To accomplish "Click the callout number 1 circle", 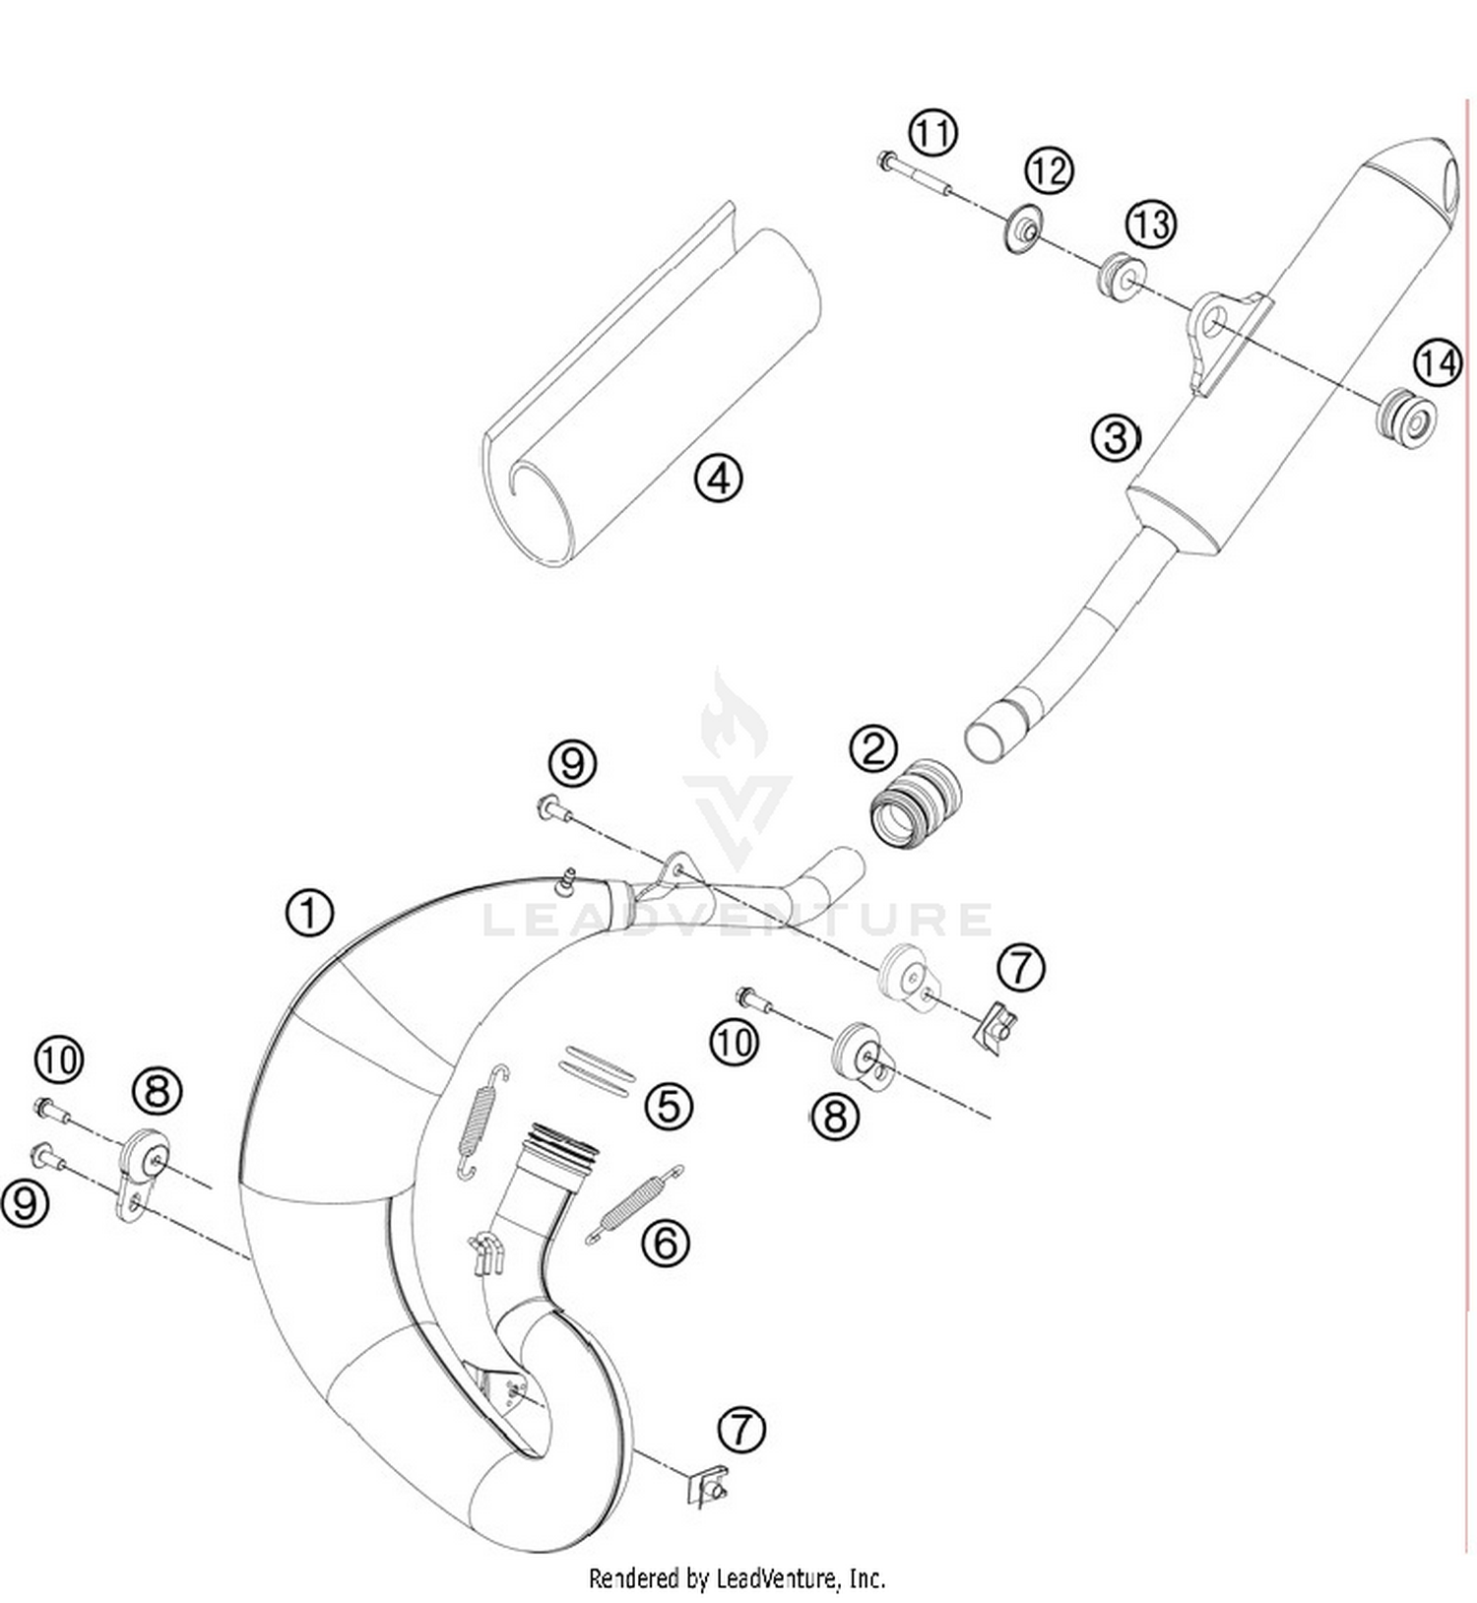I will click(309, 912).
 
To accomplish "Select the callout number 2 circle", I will click(872, 748).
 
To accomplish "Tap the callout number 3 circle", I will click(1115, 437).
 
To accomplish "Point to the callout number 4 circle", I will click(718, 479).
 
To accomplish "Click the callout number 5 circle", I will click(669, 1105).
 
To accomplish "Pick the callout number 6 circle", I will click(666, 1243).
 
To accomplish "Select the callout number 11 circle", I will click(931, 132).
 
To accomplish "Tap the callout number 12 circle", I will click(1049, 171).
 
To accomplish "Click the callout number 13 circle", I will click(1150, 224).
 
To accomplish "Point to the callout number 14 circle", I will click(1437, 363).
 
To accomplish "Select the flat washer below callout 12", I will click(1024, 229).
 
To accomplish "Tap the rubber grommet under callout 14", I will click(1406, 419).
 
